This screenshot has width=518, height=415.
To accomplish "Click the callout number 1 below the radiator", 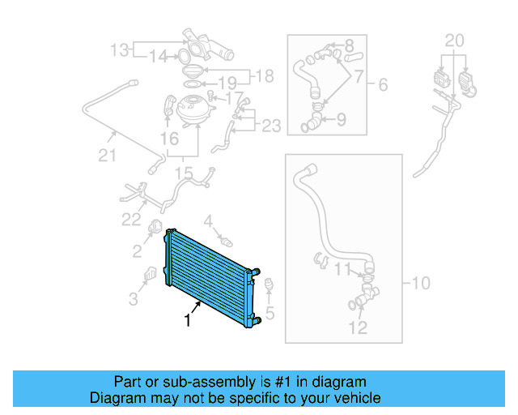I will [x=188, y=321].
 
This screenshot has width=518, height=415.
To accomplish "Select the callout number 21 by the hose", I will [x=107, y=155].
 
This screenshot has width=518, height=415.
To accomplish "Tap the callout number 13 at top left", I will [x=120, y=51].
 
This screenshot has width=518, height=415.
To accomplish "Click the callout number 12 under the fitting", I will [x=357, y=327].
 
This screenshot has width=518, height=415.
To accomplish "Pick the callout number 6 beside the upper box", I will [x=382, y=83].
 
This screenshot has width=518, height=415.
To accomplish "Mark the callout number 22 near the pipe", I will [x=131, y=219].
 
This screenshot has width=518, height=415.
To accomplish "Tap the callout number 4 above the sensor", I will [x=208, y=220].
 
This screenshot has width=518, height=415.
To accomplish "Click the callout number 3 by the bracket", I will [x=133, y=299].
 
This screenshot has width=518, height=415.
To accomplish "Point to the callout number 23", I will [x=271, y=126].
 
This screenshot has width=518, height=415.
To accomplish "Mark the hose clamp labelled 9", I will [x=310, y=124].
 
